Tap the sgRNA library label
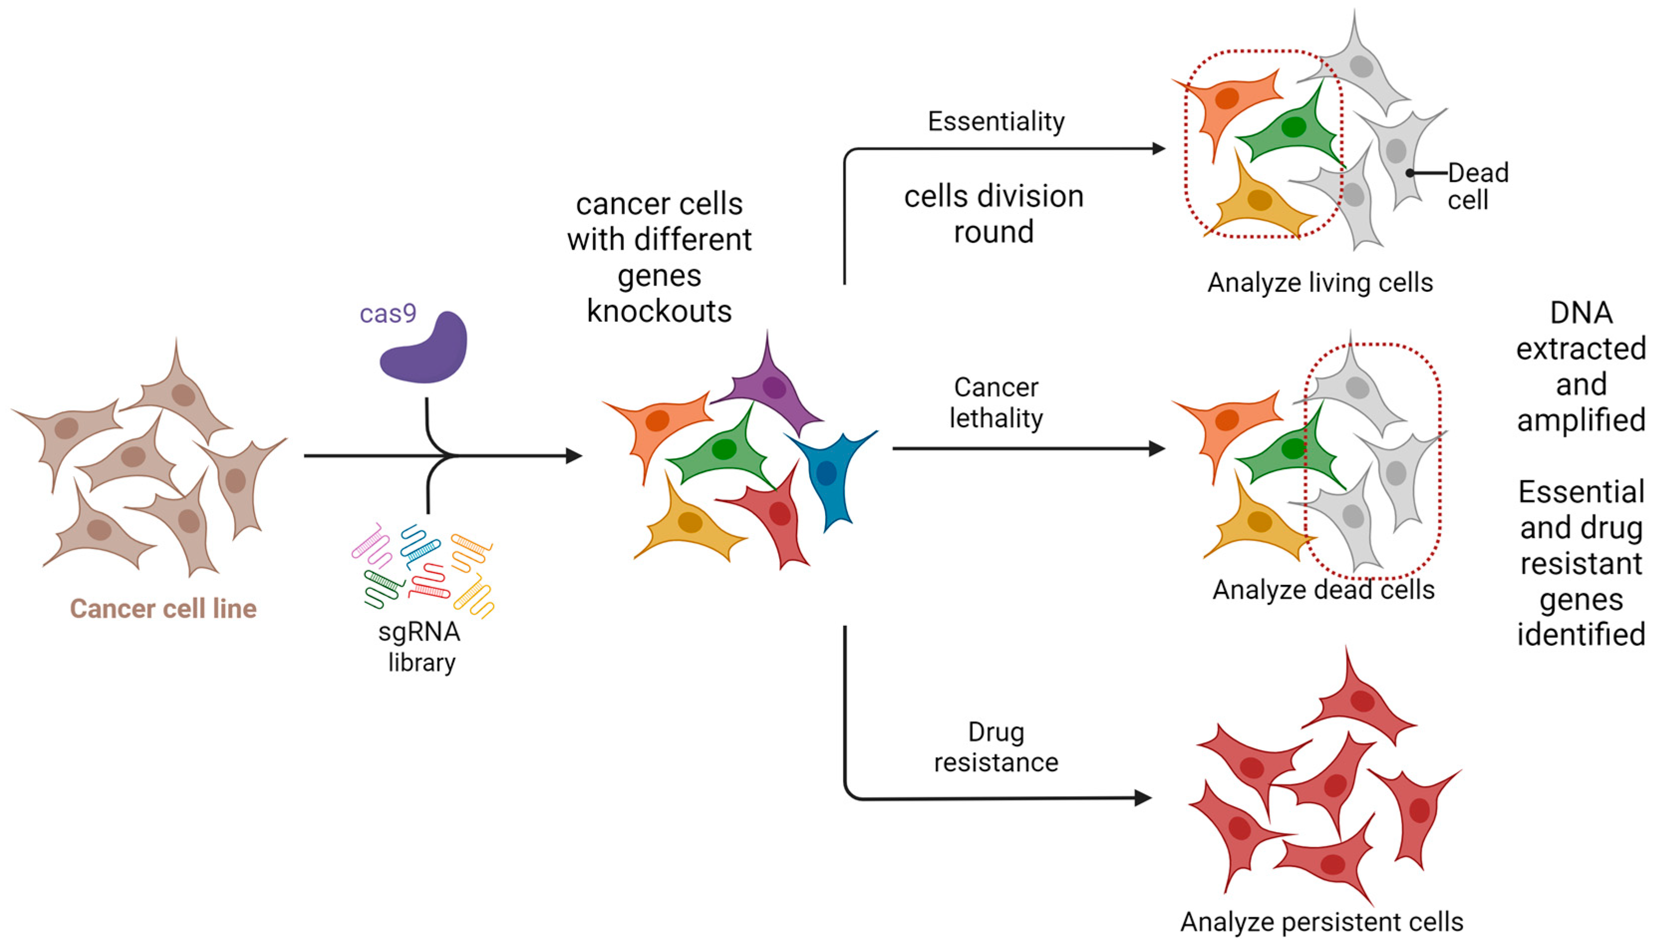click(x=420, y=647)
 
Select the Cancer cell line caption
click(x=163, y=608)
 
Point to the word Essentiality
click(x=995, y=121)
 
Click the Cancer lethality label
click(x=995, y=403)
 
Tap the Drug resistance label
click(x=995, y=747)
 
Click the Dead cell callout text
click(x=1477, y=186)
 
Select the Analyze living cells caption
click(x=1320, y=283)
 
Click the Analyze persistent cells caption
click(x=1322, y=922)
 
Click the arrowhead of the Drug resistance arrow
click(x=1142, y=798)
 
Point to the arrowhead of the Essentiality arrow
click(x=1158, y=148)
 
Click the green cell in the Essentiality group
click(x=1291, y=128)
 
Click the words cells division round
click(x=993, y=214)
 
